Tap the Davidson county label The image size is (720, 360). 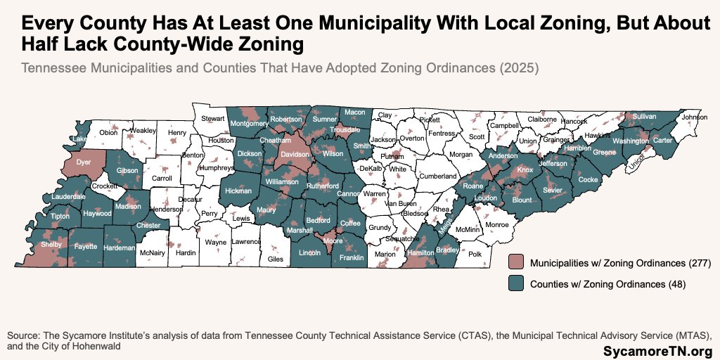(x=295, y=153)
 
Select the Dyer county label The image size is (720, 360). (x=84, y=162)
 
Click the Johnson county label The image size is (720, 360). (x=694, y=117)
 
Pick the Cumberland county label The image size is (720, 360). (x=438, y=176)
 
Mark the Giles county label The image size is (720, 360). (x=276, y=259)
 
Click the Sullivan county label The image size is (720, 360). (x=644, y=116)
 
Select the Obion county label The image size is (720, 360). (x=108, y=132)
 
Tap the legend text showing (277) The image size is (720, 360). (x=700, y=264)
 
